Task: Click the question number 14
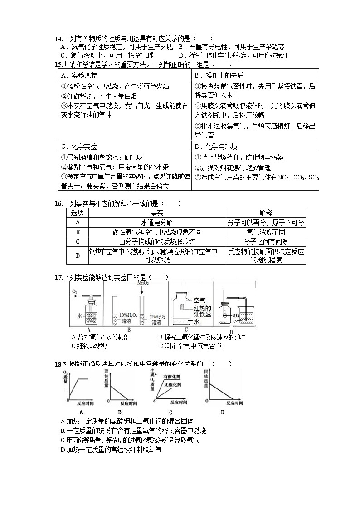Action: (x=58, y=39)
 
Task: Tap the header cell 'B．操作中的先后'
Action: (x=219, y=75)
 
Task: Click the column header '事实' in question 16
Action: (x=157, y=213)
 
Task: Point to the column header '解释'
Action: (x=266, y=213)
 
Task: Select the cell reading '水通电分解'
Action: (x=157, y=223)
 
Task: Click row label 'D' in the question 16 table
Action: (x=78, y=255)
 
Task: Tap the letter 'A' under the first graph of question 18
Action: (x=81, y=412)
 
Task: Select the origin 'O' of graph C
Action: (x=155, y=401)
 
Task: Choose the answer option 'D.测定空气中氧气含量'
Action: (x=190, y=346)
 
